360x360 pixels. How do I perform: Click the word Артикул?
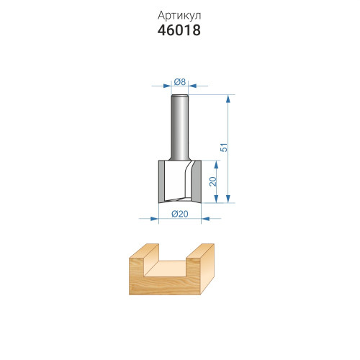(x=179, y=16)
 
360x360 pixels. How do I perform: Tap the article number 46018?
(x=179, y=30)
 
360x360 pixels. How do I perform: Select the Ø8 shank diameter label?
(x=180, y=82)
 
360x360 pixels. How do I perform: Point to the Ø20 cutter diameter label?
(x=180, y=214)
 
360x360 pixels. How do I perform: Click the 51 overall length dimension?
(x=224, y=148)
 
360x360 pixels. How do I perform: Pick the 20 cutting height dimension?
(x=213, y=181)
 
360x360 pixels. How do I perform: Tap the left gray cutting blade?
(x=161, y=181)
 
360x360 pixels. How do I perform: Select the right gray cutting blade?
(x=196, y=181)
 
